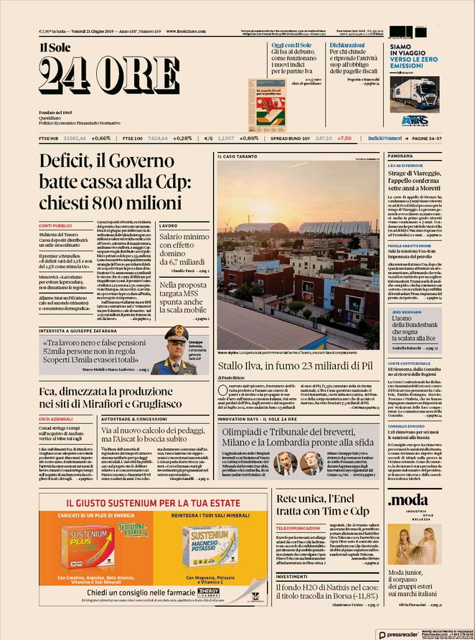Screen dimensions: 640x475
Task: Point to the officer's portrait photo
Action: pyautogui.click(x=176, y=350)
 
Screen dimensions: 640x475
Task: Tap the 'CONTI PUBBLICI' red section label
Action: pyautogui.click(x=56, y=226)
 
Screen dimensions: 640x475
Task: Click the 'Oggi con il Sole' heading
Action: pyautogui.click(x=290, y=44)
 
